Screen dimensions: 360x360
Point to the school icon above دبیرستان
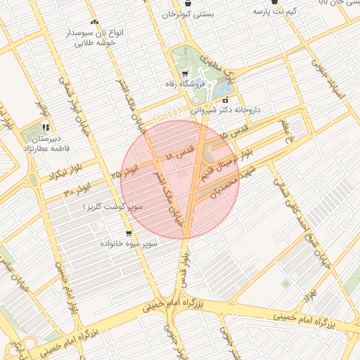(x=46, y=127)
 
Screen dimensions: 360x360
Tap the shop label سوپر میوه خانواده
(x=129, y=243)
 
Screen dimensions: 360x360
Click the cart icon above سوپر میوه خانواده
(x=129, y=233)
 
